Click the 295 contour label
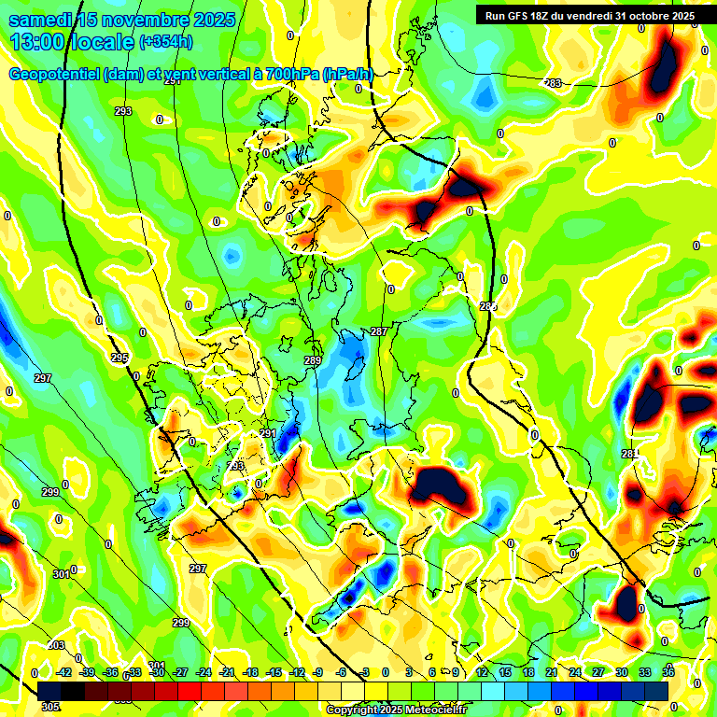pos(119,358)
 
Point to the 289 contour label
pos(313,360)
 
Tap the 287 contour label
pos(378,331)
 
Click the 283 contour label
pos(553,84)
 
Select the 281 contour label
pos(629,454)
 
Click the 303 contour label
pos(56,645)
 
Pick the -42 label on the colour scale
pos(64,672)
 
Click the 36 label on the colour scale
pos(667,672)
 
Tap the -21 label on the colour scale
pos(227,672)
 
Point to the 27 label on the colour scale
pos(597,672)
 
